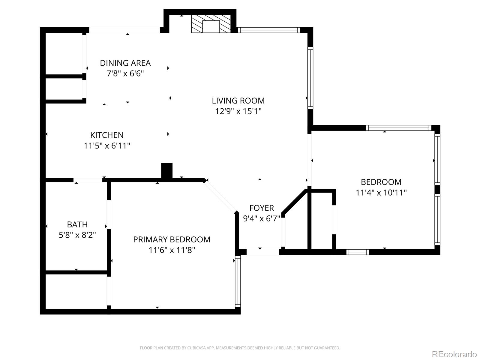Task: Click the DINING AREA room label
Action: click(x=125, y=63)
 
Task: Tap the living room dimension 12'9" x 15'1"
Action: click(x=238, y=111)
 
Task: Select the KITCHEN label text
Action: click(x=107, y=135)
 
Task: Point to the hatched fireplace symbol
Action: click(x=211, y=24)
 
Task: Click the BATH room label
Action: click(x=77, y=224)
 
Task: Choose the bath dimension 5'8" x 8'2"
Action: click(x=77, y=235)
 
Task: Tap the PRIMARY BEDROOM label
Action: click(x=172, y=239)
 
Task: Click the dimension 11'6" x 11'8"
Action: click(x=172, y=250)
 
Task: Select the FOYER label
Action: click(x=262, y=208)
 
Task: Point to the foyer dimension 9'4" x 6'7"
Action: click(x=262, y=218)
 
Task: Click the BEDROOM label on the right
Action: click(x=381, y=182)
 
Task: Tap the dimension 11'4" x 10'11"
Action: click(x=381, y=193)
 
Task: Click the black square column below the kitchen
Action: click(x=167, y=171)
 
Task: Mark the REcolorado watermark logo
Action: click(x=454, y=354)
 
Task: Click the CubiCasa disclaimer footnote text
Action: click(x=240, y=348)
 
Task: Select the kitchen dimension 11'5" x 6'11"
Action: click(x=107, y=146)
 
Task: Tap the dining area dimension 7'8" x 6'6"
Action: click(x=125, y=73)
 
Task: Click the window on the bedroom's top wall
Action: click(x=399, y=128)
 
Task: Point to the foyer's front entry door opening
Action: click(x=263, y=252)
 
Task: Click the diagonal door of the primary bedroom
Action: click(x=220, y=197)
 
